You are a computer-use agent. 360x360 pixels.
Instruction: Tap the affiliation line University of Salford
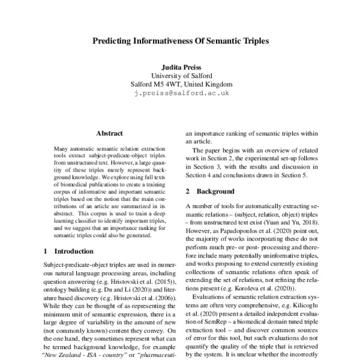pyautogui.click(x=180, y=76)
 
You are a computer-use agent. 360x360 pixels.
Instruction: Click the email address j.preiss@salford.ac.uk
pyautogui.click(x=180, y=94)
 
